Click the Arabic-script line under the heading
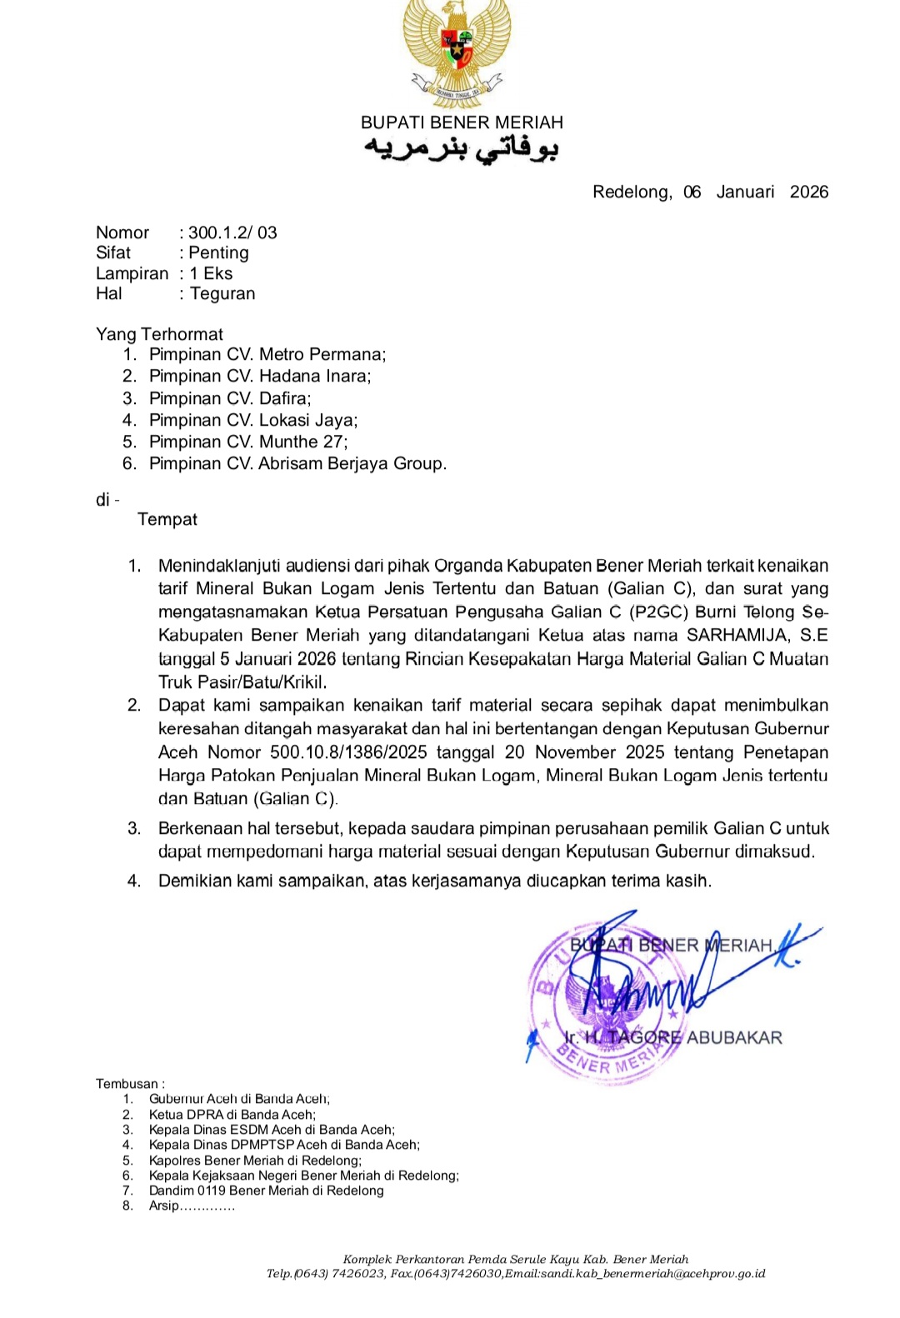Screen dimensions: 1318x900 coord(461,148)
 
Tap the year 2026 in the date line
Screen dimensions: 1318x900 coord(808,192)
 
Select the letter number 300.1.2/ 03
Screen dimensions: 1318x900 coord(232,233)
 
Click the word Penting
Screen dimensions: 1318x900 coord(218,253)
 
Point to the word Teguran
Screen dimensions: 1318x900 coord(222,294)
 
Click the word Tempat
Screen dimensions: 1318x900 coord(167,520)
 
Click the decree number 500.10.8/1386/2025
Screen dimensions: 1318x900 coord(348,752)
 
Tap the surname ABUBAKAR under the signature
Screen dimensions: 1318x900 coord(734,1038)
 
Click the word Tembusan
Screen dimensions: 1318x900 coord(127,1084)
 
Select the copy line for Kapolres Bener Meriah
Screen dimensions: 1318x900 coord(255,1161)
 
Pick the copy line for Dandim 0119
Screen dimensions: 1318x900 coord(266,1191)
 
